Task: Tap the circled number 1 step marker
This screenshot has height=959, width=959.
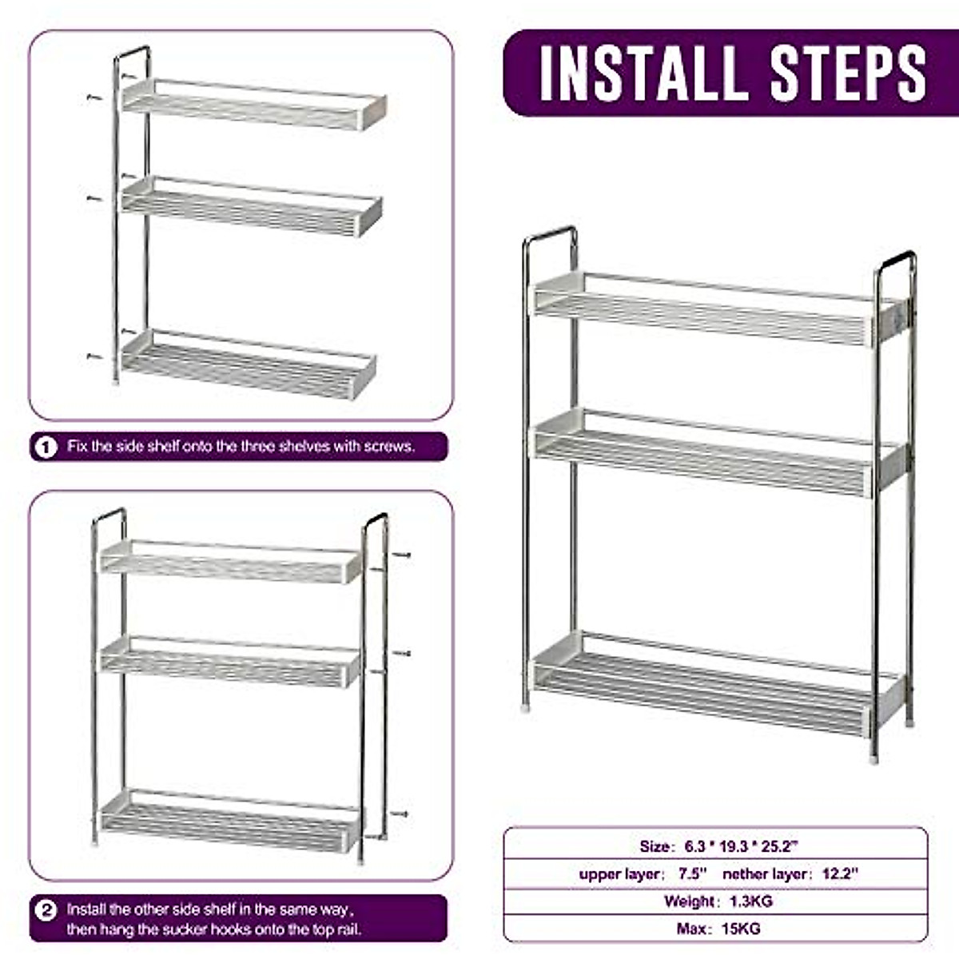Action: [x=46, y=447]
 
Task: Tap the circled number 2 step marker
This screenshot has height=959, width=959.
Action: [x=47, y=910]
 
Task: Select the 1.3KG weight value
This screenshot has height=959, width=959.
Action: [x=750, y=901]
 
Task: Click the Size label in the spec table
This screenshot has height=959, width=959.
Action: [x=654, y=846]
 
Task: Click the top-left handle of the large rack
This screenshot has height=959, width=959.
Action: [x=550, y=235]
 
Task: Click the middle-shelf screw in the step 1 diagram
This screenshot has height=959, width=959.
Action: [x=94, y=197]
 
